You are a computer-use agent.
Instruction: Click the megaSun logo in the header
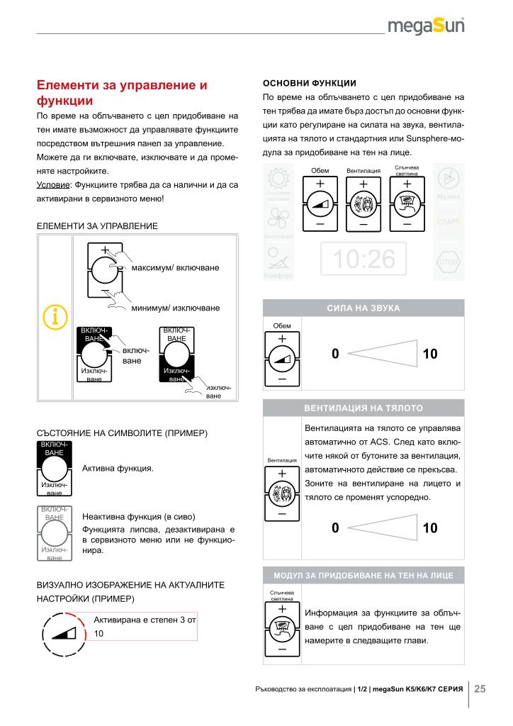427,26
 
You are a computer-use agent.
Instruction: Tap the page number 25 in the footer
480,688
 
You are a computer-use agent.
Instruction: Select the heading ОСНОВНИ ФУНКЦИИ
305,81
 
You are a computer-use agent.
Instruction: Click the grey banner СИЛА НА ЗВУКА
363,308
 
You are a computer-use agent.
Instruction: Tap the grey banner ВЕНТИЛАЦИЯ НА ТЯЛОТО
363,408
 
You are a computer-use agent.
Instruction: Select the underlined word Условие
55,185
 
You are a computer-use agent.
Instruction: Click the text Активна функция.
118,469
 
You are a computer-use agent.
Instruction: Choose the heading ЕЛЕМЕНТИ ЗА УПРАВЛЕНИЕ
96,225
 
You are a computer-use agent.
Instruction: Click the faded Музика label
449,196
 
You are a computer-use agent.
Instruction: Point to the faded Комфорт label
278,276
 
